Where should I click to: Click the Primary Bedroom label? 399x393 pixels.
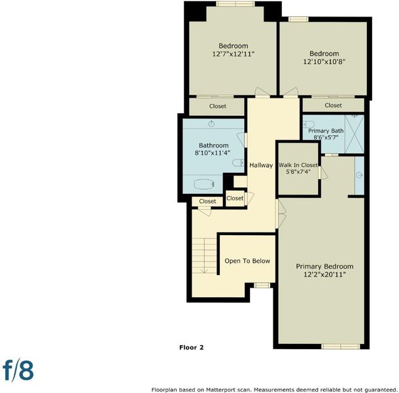click(324, 267)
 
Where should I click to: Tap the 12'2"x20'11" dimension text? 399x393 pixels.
click(324, 274)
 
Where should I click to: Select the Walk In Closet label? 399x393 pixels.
click(298, 165)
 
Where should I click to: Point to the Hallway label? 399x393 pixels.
click(261, 166)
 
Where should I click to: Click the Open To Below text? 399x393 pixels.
click(247, 261)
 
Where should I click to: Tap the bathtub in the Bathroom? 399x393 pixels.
click(204, 184)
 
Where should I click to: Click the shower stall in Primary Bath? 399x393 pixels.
click(355, 134)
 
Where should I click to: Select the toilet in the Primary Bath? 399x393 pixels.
click(309, 124)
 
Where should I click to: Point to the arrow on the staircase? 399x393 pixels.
click(204, 255)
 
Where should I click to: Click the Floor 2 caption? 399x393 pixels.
click(192, 347)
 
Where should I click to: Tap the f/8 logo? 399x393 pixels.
click(18, 370)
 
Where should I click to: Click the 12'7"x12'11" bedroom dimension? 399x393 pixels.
click(234, 54)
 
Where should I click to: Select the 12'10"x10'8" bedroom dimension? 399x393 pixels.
click(324, 62)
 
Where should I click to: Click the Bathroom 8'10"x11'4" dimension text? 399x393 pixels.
click(213, 153)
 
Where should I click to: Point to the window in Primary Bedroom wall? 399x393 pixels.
click(341, 346)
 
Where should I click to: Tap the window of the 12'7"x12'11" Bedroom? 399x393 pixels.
click(235, 3)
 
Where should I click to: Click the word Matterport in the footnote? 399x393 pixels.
click(221, 390)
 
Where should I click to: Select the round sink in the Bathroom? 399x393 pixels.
click(211, 124)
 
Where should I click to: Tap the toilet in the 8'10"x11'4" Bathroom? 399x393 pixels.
click(239, 163)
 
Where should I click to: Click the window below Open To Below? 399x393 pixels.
click(262, 285)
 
